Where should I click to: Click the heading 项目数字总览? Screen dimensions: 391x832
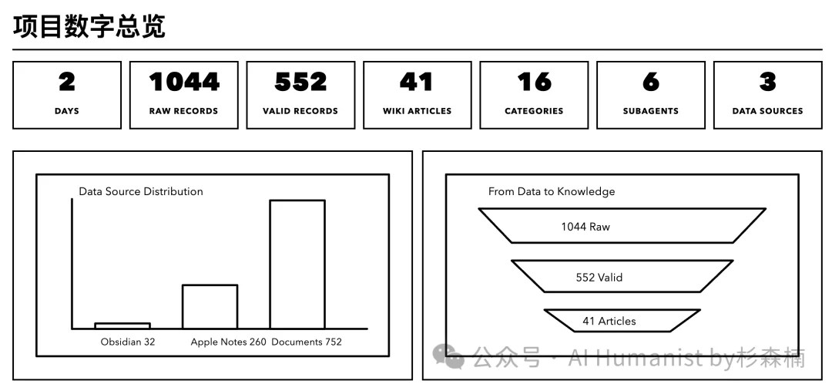coord(89,25)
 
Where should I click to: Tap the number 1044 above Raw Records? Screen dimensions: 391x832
coord(184,82)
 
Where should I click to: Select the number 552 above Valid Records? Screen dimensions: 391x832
coord(300,82)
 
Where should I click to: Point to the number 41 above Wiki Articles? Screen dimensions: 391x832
coord(417,82)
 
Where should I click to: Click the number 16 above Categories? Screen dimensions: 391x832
coord(534,82)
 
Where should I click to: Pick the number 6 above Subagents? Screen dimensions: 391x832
coord(651,82)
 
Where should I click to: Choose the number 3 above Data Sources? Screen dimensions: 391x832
coord(767,82)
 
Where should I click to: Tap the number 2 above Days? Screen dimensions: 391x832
coord(67,82)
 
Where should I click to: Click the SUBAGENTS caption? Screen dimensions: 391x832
coord(651,111)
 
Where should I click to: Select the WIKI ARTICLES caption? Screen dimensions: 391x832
coord(417,111)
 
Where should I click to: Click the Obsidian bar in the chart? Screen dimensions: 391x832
coord(122,326)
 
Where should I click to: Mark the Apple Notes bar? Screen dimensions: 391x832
coord(210,307)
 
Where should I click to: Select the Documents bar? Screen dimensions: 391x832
coord(297,265)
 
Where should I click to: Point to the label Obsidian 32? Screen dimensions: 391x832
coord(128,342)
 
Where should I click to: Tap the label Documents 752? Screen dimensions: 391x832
coord(307,342)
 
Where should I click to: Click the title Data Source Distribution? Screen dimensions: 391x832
coord(141,191)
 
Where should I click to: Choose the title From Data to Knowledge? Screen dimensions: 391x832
coord(552,191)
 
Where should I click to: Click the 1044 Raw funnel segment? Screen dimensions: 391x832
coord(622,226)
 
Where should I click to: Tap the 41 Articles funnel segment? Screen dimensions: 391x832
coord(622,321)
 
